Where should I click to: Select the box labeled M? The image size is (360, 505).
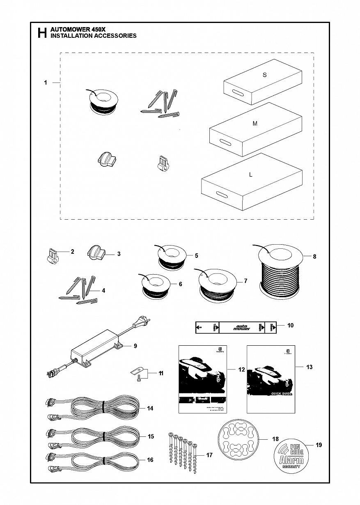[255, 129]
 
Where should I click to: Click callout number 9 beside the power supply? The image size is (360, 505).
[135, 346]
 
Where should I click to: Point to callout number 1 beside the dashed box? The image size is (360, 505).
[46, 83]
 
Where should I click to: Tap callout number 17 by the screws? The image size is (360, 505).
[209, 455]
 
